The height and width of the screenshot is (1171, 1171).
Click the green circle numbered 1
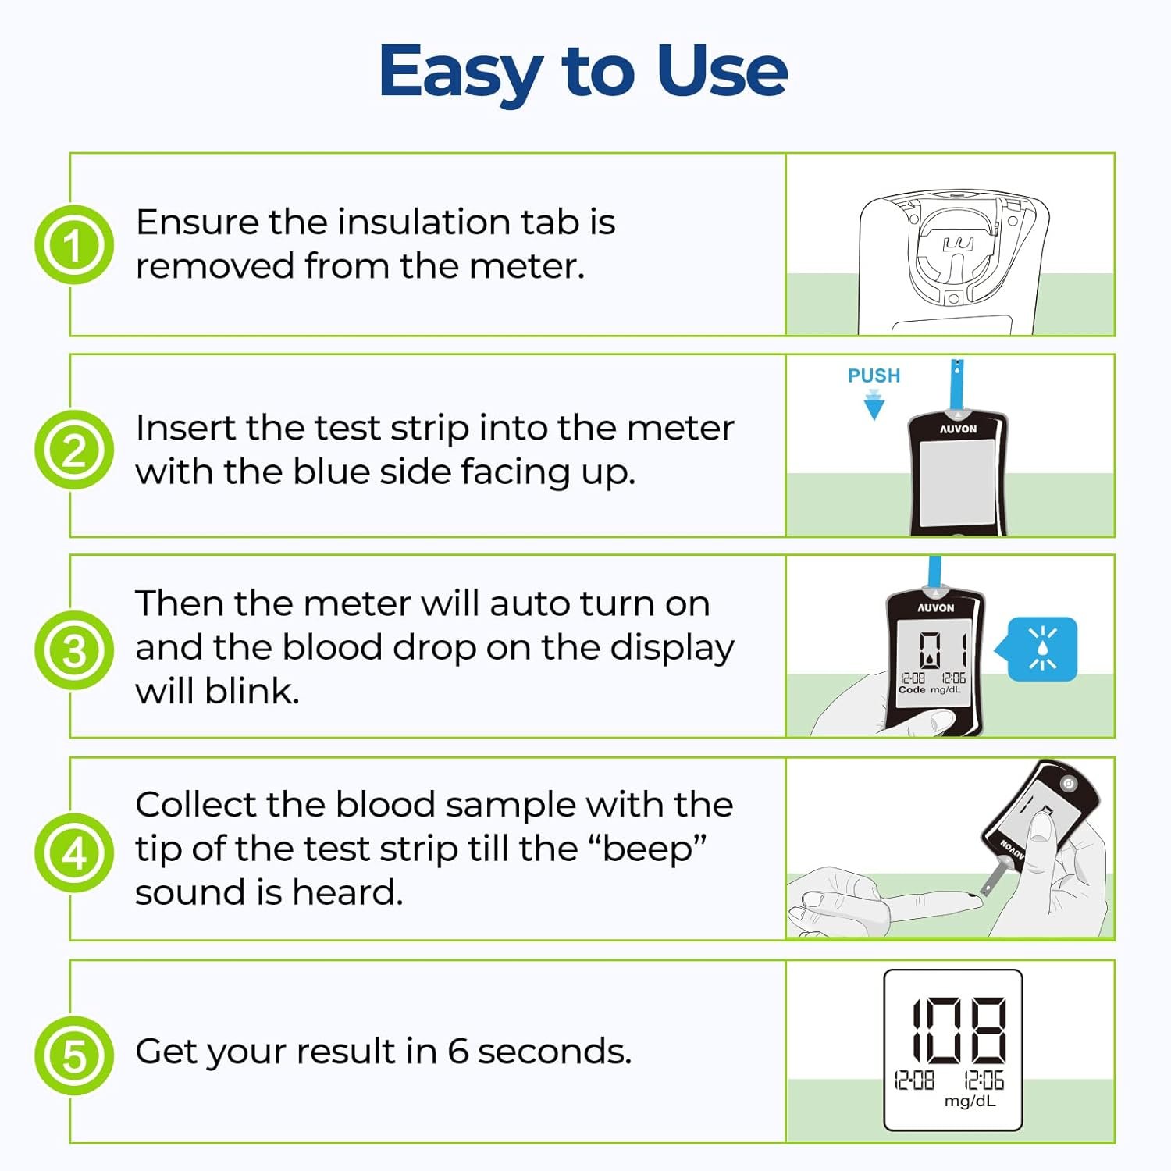[x=74, y=244]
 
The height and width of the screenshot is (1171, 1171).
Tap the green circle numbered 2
[x=74, y=450]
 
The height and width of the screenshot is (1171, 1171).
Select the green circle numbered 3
[x=74, y=650]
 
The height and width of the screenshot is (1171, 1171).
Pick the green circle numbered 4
[x=74, y=852]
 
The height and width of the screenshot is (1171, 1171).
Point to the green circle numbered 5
[x=74, y=1055]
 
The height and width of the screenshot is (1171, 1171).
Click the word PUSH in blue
[x=874, y=376]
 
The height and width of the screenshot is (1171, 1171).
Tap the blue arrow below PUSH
[x=874, y=405]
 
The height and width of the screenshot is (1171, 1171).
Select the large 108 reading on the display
[x=959, y=1030]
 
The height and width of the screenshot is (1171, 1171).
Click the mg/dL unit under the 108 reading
[x=970, y=1102]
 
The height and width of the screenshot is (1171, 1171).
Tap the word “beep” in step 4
[x=654, y=849]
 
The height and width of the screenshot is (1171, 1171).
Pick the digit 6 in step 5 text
[x=458, y=1051]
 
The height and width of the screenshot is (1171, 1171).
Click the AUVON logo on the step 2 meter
[x=958, y=429]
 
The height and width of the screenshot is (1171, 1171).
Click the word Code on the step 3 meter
[x=912, y=689]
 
